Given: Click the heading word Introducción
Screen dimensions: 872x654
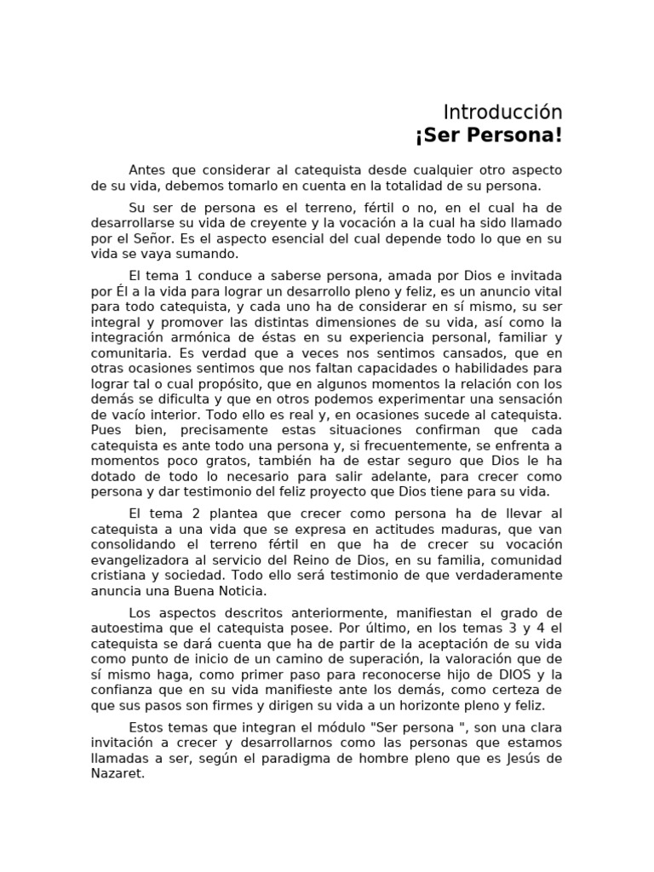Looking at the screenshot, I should tap(502, 112).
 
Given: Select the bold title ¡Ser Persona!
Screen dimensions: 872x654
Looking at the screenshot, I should tap(489, 136).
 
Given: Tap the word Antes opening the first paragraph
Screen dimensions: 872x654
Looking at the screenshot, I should tap(147, 170).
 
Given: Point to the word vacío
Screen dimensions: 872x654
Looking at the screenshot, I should tap(125, 416).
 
